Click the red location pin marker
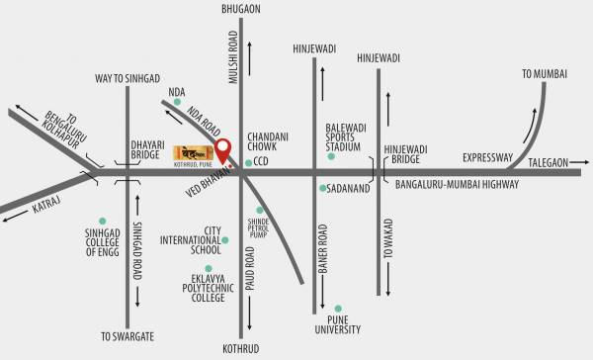click(x=224, y=149)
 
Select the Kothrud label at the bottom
click(x=241, y=349)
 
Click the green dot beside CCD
click(x=247, y=160)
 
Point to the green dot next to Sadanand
click(x=322, y=187)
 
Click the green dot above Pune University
click(x=338, y=307)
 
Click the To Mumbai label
click(x=547, y=73)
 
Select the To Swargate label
click(x=129, y=337)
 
